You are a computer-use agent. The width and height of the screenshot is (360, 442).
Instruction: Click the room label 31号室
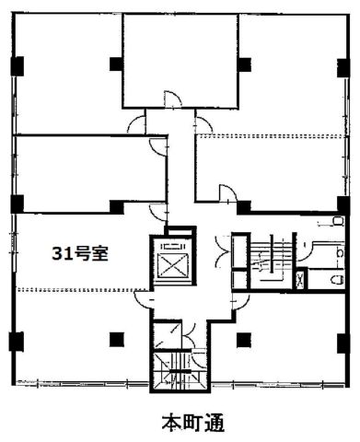point(80,254)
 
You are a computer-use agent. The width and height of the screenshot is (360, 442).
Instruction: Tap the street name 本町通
point(193,424)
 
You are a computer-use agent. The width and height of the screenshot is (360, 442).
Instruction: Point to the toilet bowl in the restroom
point(337,280)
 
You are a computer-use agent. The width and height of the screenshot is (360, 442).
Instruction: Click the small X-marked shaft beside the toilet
point(300,279)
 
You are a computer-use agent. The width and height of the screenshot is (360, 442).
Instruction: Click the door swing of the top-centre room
point(172,99)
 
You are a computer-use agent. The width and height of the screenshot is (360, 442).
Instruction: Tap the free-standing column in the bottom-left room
point(117,340)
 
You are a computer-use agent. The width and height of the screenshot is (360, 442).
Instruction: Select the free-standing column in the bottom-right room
point(244,340)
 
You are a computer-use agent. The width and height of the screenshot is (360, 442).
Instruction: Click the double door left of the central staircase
point(221,250)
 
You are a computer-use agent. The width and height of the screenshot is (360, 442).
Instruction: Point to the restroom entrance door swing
point(304,251)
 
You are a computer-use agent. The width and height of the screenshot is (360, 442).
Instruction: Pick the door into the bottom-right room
point(240,301)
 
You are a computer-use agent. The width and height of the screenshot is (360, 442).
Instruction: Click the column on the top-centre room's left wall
point(117,64)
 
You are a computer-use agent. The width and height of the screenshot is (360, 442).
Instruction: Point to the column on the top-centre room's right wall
point(245,64)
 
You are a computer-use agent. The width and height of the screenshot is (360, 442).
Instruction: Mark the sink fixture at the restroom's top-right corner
point(338,221)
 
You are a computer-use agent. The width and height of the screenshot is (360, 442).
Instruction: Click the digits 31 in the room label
point(60,254)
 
